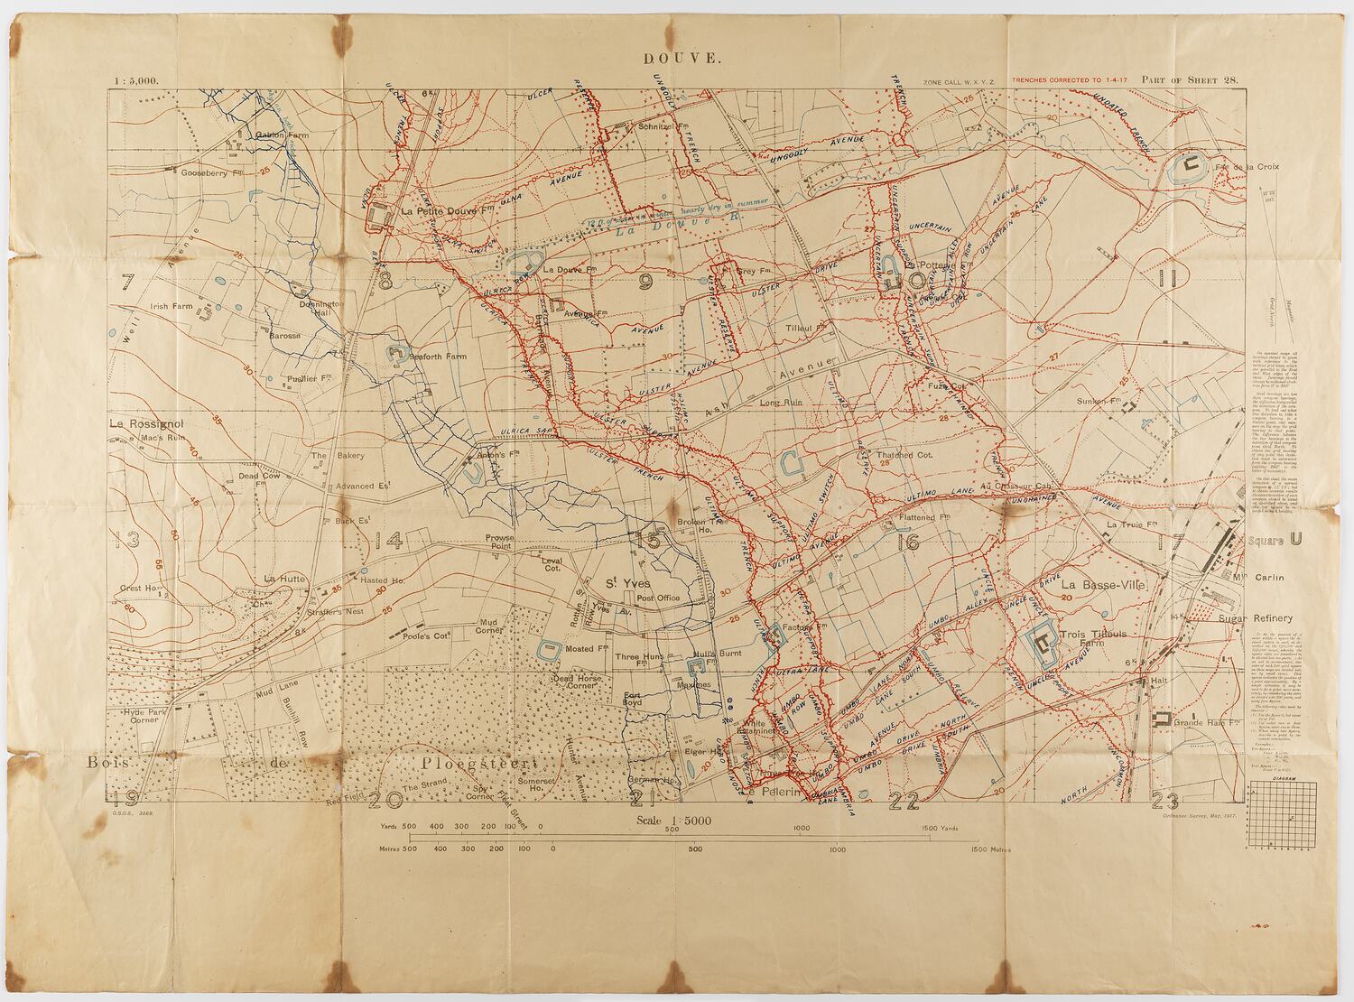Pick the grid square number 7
pos(127,282)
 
